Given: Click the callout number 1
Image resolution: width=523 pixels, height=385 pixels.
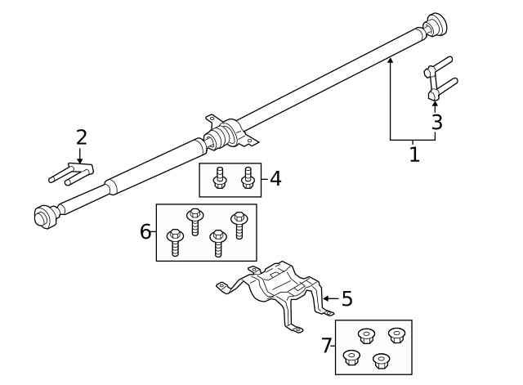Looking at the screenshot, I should (414, 154).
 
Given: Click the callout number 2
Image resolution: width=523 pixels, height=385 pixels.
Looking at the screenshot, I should (81, 137).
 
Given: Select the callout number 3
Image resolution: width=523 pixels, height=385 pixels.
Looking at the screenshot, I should (436, 123).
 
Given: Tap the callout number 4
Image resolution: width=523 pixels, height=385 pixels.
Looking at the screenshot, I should (275, 178).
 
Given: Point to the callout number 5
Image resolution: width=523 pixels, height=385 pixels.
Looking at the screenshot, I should (346, 299).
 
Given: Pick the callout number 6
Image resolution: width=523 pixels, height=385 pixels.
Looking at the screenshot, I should (145, 232).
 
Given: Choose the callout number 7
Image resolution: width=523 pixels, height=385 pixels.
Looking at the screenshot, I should (327, 347).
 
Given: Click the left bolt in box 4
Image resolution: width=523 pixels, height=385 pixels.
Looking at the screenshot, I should (219, 178).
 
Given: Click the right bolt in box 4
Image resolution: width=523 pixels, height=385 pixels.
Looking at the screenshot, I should (248, 178).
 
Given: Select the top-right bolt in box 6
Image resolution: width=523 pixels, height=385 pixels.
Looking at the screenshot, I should (239, 224).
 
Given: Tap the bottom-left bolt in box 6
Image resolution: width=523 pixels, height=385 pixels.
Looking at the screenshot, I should (175, 243).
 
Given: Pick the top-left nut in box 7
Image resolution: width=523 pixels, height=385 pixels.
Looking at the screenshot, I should (366, 335).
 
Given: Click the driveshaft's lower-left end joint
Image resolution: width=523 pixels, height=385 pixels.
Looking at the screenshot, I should (45, 216).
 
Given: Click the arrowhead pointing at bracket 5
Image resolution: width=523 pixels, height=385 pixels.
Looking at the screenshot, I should (326, 299).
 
